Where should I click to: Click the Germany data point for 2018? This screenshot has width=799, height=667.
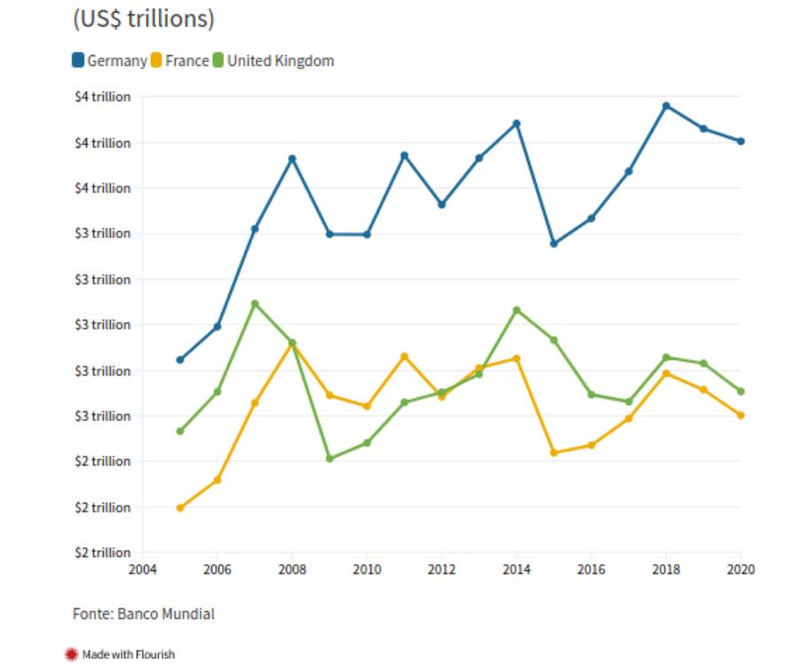point(666,106)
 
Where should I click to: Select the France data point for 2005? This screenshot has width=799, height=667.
point(180,508)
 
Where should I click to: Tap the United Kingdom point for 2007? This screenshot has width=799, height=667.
point(255,304)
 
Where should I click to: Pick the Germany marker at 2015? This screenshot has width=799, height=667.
point(553,243)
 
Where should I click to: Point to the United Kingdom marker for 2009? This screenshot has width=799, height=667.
point(329,459)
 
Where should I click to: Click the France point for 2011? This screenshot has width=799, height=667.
point(404,356)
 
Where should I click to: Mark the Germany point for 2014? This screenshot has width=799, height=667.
point(516,123)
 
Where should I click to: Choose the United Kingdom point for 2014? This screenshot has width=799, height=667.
point(516,310)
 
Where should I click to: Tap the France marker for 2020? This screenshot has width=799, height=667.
point(740,415)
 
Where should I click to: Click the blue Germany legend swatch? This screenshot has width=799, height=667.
point(78,61)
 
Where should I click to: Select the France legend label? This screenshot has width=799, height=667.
point(186,61)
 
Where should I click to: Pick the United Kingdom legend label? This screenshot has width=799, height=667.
point(281,61)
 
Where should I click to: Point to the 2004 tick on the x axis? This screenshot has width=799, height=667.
point(143,569)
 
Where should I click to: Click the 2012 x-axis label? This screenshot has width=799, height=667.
point(441,569)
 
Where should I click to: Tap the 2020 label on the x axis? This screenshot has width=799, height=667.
point(740,569)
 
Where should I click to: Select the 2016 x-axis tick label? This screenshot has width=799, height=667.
point(590,569)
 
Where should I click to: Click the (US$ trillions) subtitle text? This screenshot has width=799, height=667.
point(143,19)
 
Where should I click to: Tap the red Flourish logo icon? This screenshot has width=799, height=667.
point(72,655)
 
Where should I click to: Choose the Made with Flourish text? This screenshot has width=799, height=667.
point(129,655)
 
